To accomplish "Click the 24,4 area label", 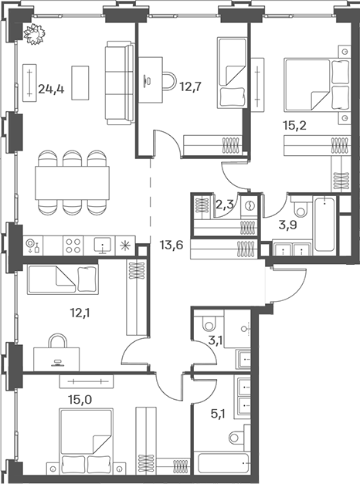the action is click(x=51, y=90).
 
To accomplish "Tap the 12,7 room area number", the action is click(x=191, y=86).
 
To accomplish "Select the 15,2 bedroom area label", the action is click(x=295, y=125).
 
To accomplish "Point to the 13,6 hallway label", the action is click(x=172, y=245).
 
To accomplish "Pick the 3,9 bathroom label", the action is click(x=287, y=225).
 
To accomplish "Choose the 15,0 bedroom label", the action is click(x=80, y=400).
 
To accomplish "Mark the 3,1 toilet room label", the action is click(x=215, y=342).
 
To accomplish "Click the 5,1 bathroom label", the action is click(x=218, y=413).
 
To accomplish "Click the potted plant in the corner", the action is click(x=35, y=34).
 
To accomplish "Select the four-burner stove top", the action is click(x=73, y=245).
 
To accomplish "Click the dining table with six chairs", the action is click(x=73, y=183).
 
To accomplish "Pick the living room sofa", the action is click(x=120, y=83).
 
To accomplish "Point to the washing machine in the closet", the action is click(x=250, y=205).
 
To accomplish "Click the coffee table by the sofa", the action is click(x=80, y=83).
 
